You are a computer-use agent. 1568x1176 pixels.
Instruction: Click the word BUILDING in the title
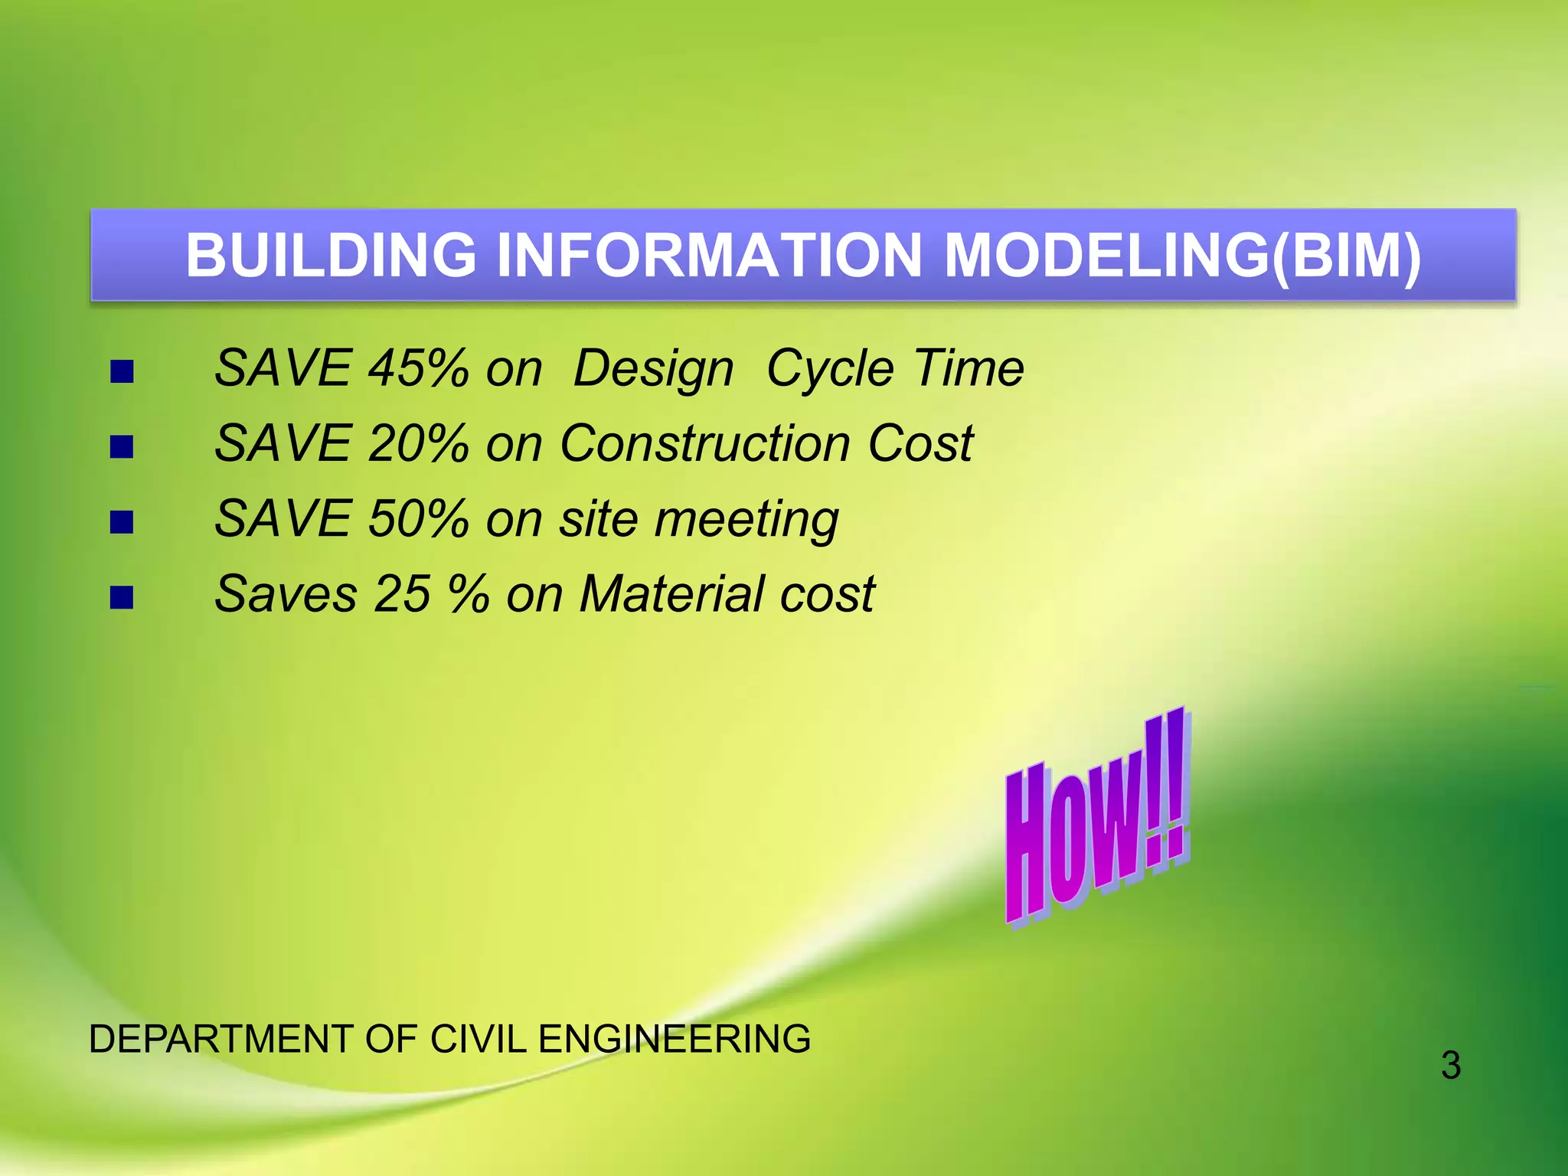coord(331,256)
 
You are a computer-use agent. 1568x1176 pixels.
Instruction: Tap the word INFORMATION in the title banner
coord(709,256)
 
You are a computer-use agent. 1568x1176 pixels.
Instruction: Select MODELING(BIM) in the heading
coord(1182,256)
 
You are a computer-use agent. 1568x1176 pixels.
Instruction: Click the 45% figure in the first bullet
coord(418,369)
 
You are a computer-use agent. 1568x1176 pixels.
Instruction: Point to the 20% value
coord(418,444)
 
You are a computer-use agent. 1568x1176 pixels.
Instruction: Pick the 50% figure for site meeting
coord(418,519)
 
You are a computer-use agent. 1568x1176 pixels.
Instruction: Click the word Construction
coord(704,444)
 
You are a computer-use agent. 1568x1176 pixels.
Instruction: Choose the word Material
coord(671,594)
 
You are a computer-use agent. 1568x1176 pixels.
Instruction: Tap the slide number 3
coord(1450,1066)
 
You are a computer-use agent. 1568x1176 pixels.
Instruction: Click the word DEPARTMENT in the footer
coord(220,1040)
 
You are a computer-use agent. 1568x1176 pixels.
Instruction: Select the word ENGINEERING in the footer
coord(674,1040)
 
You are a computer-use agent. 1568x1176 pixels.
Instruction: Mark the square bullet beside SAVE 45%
coord(122,372)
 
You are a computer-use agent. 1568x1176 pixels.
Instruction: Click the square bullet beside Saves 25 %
coord(122,597)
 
